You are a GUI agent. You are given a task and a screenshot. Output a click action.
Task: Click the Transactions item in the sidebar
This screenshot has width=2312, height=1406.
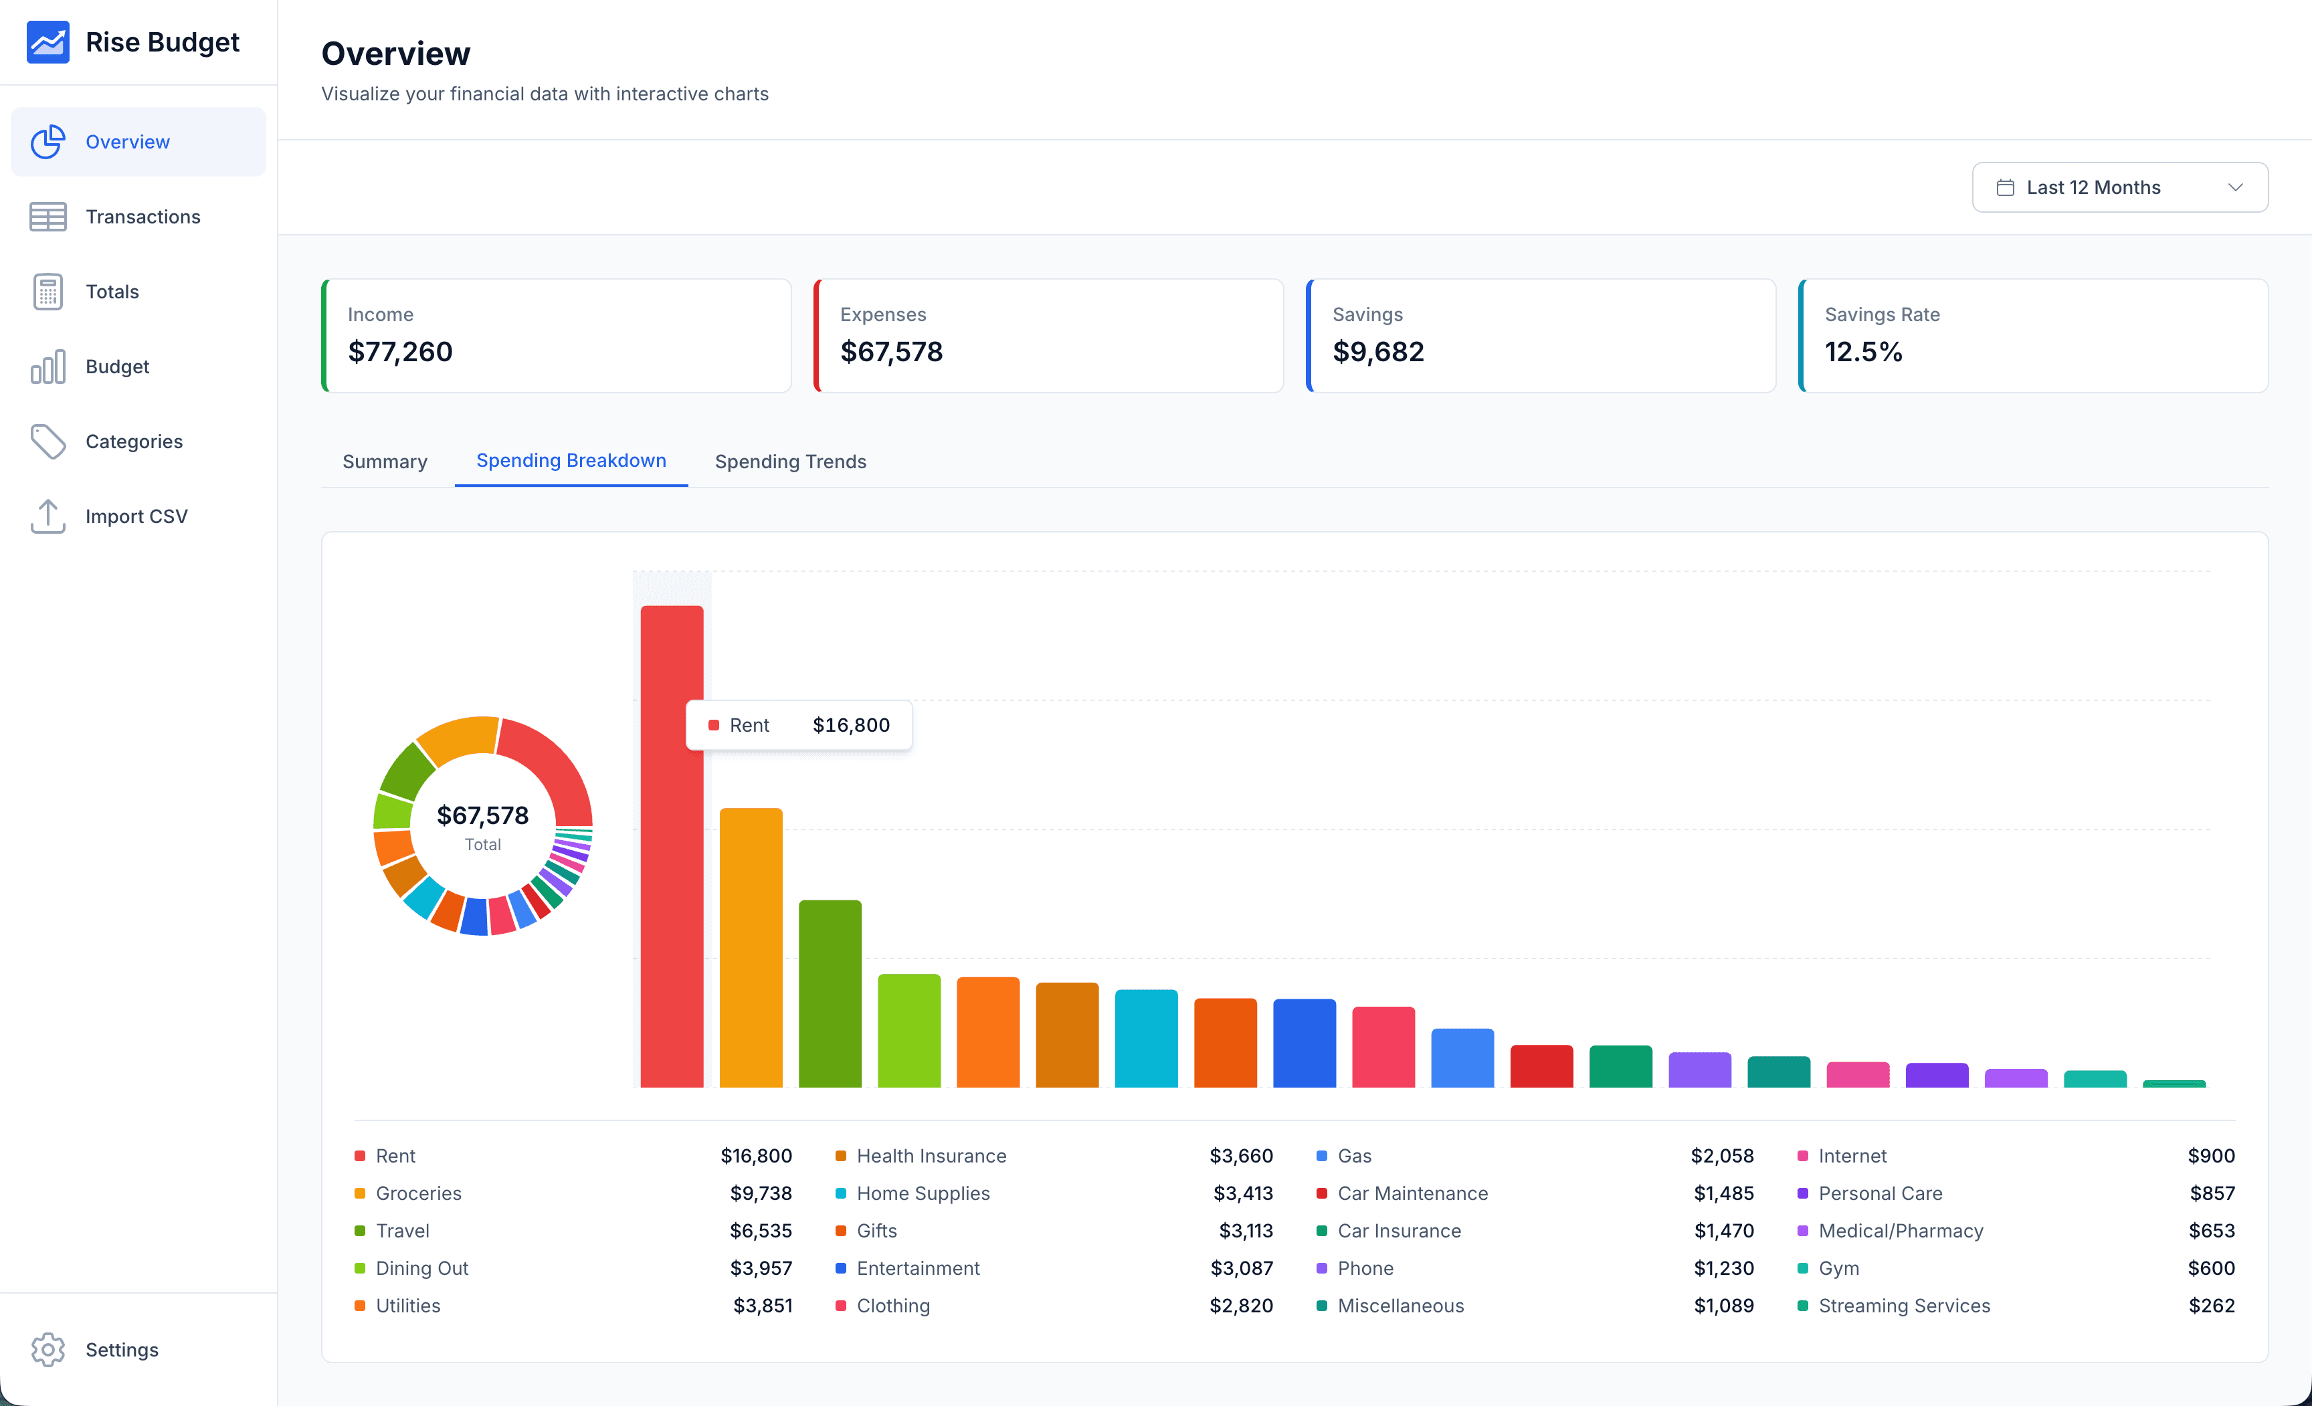tap(142, 217)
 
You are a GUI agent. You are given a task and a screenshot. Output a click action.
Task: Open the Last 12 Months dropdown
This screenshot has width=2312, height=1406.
tap(2119, 187)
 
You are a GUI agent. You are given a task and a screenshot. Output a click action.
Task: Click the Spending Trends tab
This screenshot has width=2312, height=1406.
tap(790, 462)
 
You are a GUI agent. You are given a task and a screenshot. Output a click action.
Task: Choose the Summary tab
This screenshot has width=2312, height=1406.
tap(385, 462)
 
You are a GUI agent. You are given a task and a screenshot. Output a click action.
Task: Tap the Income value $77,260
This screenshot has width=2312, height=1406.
tap(400, 352)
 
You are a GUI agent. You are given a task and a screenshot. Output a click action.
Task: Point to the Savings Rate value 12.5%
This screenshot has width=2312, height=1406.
tap(1862, 352)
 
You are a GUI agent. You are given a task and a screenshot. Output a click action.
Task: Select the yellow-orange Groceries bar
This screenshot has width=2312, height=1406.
tap(751, 947)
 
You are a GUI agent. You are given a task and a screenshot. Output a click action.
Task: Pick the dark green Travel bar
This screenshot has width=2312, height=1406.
tap(830, 994)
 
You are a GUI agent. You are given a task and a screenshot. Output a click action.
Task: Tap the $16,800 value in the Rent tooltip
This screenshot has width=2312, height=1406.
tap(850, 725)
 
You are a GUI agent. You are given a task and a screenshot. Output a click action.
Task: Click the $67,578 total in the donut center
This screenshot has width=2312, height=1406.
tap(482, 815)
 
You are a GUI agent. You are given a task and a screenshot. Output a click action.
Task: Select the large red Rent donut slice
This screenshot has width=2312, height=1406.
tap(554, 765)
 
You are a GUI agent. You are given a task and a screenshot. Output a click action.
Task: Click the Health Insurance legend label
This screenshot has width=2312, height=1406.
tap(931, 1156)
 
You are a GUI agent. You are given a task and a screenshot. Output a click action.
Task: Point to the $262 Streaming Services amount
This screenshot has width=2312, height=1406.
tap(2211, 1306)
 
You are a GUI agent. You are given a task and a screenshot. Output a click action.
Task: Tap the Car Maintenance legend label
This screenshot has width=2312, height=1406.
tap(1412, 1193)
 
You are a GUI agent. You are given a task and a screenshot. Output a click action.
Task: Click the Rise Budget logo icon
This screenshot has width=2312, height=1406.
tap(48, 42)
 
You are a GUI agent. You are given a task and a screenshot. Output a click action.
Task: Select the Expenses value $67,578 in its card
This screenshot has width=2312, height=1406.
tap(890, 352)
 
